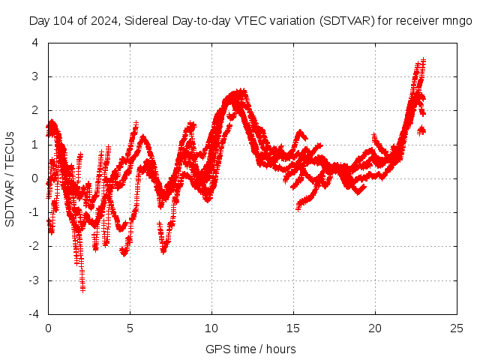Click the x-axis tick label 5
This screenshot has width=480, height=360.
coord(130,328)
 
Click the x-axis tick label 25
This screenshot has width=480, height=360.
coord(457,328)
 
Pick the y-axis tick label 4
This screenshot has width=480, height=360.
coord(35,43)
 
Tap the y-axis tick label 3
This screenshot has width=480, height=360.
coord(35,76)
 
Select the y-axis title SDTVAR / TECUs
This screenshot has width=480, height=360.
coord(10,178)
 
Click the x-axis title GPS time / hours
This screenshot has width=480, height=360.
coord(250,349)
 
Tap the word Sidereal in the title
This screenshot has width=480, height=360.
coord(150,21)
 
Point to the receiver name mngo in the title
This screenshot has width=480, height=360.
coord(457,21)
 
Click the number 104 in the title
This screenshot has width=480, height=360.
coord(62,21)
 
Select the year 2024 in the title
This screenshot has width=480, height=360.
coord(103,21)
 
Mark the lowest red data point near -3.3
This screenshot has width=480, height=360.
coord(82,288)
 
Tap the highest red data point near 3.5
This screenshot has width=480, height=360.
coord(424,59)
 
